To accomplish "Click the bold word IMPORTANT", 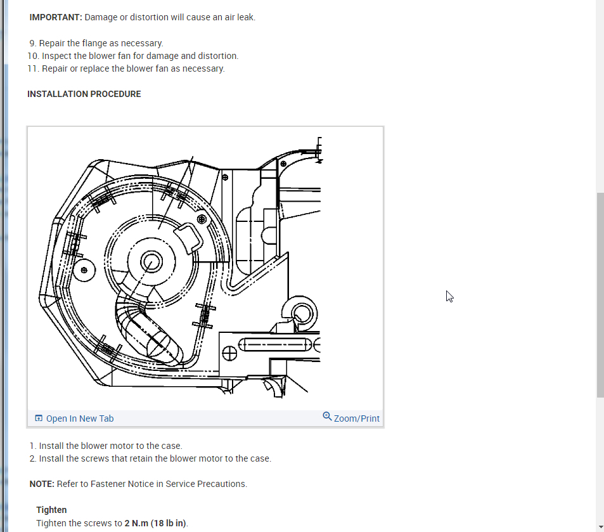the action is (55, 17).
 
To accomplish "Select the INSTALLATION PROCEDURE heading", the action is (84, 94).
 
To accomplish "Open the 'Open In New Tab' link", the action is (80, 418).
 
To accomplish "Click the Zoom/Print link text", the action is (357, 418).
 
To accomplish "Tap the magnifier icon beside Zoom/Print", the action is (327, 417).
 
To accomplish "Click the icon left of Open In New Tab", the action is (39, 418).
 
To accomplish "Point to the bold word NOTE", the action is (42, 484).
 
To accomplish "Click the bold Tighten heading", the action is (51, 510).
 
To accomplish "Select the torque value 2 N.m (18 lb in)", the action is (156, 523).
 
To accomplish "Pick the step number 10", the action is (34, 56).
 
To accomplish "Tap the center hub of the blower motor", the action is (151, 261).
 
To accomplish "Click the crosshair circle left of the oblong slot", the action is (229, 353).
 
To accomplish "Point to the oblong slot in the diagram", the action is (276, 345).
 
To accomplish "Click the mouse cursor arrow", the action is (449, 295).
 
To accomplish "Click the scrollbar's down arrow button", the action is (600, 527).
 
